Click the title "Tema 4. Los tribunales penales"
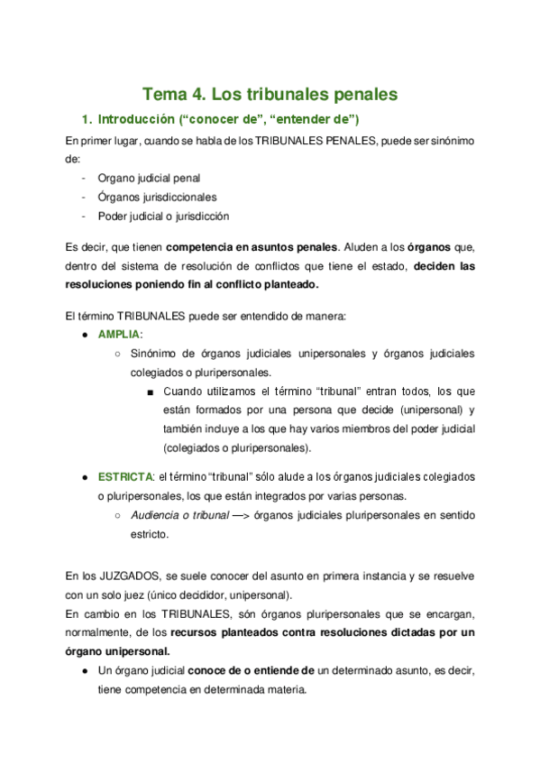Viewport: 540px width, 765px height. tap(270, 94)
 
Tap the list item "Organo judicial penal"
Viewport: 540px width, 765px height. tap(149, 178)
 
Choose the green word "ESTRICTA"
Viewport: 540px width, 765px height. tap(124, 475)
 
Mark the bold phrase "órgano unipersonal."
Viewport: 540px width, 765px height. tap(118, 650)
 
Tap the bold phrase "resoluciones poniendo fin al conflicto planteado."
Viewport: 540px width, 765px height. tap(192, 285)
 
